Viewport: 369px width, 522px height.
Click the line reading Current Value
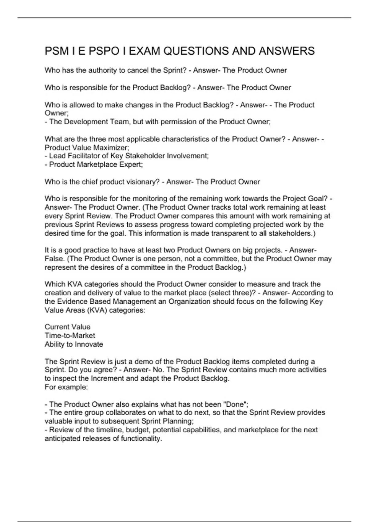click(68, 327)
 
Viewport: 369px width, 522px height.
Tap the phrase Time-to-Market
click(70, 336)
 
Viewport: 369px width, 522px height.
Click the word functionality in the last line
click(141, 438)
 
